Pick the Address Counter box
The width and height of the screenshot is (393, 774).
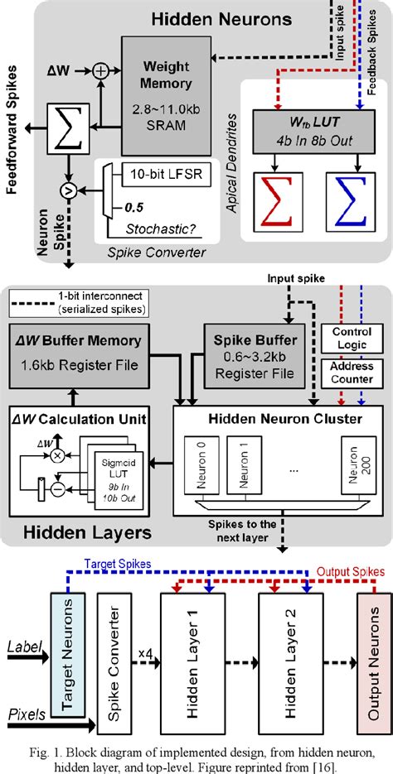tap(352, 373)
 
